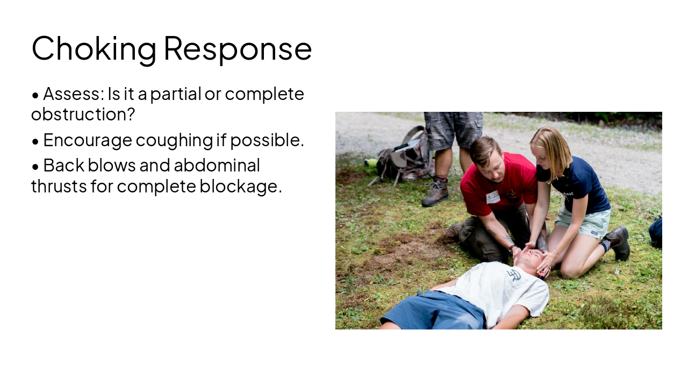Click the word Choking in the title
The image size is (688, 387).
point(94,48)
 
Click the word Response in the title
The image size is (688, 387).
point(238,48)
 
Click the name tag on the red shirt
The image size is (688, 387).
point(493,197)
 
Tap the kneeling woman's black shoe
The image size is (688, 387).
point(619,242)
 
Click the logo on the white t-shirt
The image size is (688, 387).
point(514,276)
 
